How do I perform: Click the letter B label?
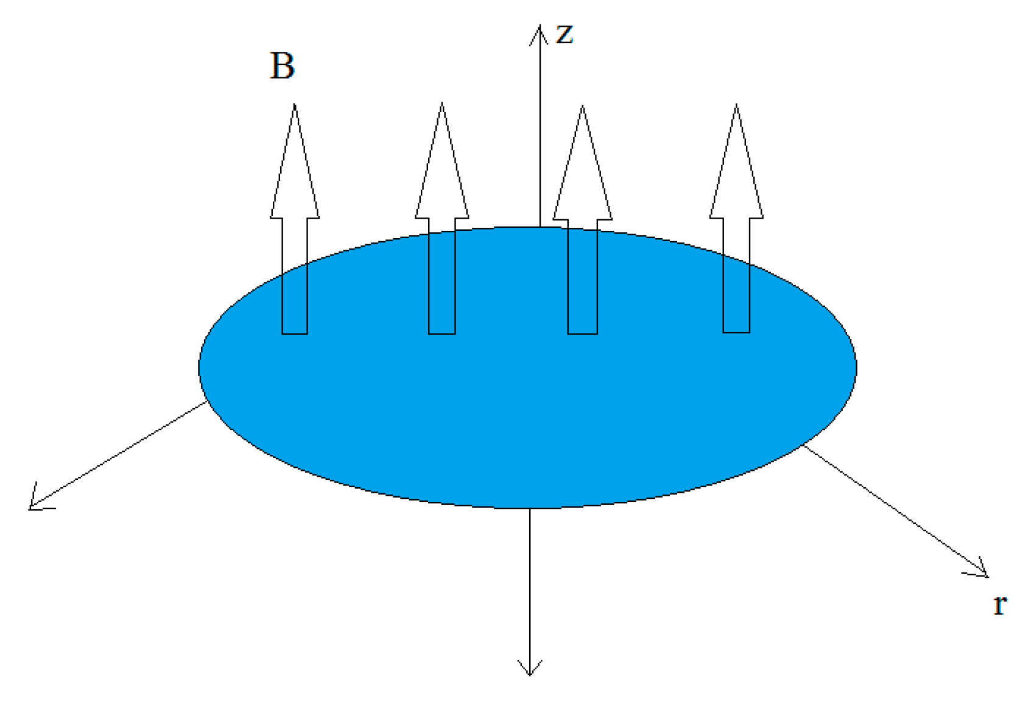(282, 66)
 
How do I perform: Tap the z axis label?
(565, 34)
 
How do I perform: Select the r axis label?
(999, 605)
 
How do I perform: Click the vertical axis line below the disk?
(530, 585)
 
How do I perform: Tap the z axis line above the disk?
(540, 134)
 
